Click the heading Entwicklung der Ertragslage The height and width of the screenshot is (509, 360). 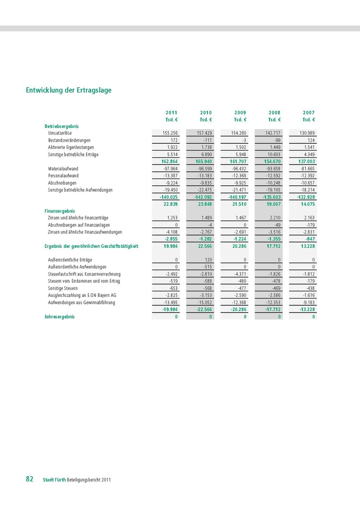pos(69,90)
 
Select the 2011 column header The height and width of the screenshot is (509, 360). pos(171,113)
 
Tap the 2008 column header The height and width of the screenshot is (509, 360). pos(274,113)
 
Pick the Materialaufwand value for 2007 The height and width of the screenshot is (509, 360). pos(307,169)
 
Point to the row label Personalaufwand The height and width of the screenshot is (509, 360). pos(63,176)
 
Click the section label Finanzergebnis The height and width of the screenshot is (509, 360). pos(60,210)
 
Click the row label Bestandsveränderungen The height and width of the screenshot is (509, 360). pos(69,140)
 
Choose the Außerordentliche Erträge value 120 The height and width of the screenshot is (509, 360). pos(208,259)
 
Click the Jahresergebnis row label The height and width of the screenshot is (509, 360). pos(60,317)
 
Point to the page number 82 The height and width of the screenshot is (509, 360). pos(29,479)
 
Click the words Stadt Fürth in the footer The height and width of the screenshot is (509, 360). pos(54,480)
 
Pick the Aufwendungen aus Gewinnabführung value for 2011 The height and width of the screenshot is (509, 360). pos(170,302)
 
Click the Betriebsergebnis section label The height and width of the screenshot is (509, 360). pos(62,126)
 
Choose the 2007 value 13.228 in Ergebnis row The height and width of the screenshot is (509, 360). pos(307,246)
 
